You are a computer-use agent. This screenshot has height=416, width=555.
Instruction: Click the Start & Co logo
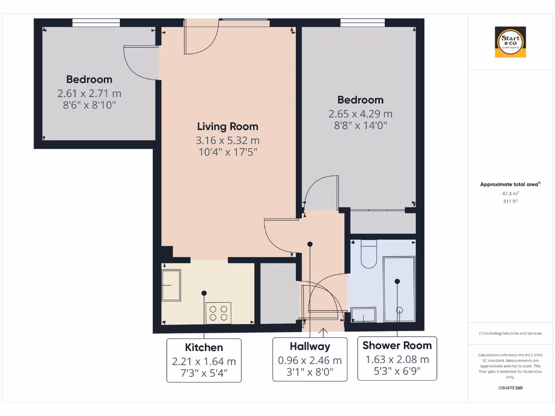[510, 42]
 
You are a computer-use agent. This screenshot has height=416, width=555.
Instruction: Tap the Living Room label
[228, 126]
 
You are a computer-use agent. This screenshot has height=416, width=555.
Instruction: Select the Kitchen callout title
[204, 347]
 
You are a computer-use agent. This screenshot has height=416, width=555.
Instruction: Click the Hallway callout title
[309, 346]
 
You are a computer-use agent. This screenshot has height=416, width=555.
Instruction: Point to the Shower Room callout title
[397, 345]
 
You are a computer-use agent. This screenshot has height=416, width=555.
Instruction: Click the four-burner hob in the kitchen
[218, 313]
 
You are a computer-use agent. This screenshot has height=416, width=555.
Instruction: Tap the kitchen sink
[172, 285]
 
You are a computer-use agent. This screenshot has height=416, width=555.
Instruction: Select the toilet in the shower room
[369, 256]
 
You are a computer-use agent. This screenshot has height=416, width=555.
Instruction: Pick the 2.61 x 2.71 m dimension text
[89, 93]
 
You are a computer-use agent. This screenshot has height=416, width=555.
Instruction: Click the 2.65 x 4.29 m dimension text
[360, 114]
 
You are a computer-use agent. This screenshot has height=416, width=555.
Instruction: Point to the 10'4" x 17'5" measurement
[228, 152]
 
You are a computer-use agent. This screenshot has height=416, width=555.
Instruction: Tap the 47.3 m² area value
[510, 193]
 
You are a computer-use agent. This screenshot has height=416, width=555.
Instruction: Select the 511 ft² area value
[510, 201]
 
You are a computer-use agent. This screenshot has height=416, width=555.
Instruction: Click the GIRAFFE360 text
[510, 388]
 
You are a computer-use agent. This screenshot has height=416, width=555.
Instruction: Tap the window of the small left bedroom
[96, 22]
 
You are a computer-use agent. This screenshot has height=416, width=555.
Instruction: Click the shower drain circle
[400, 310]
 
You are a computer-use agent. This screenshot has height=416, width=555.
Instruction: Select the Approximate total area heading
[509, 184]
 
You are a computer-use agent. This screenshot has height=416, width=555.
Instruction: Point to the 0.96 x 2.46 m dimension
[309, 360]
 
